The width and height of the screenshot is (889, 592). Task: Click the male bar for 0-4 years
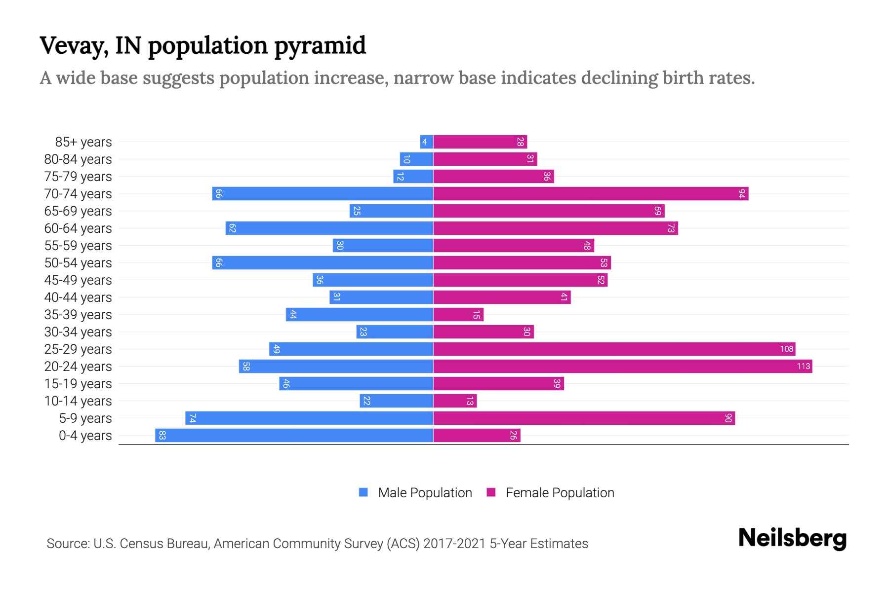(294, 436)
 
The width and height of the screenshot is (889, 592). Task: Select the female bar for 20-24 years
(622, 367)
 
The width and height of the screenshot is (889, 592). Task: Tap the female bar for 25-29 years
(614, 349)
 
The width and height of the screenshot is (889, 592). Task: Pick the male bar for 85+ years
(427, 142)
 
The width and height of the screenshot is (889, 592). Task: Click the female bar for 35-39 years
(458, 315)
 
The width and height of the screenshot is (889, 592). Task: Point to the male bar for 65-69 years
(391, 211)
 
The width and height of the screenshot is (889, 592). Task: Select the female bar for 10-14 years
(455, 401)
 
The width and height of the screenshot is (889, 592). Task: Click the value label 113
(803, 366)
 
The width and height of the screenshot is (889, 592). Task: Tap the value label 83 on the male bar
(162, 436)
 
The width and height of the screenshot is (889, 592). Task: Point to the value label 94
(741, 194)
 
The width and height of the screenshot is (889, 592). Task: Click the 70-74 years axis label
(78, 194)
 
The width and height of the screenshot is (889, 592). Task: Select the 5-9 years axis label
(85, 418)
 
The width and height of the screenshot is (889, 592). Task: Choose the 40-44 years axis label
(78, 297)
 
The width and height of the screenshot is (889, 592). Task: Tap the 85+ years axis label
(83, 142)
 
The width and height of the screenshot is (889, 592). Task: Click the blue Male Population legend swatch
(364, 492)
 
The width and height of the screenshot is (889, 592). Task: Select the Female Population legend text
(560, 493)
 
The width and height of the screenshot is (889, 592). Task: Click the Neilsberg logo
(792, 538)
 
